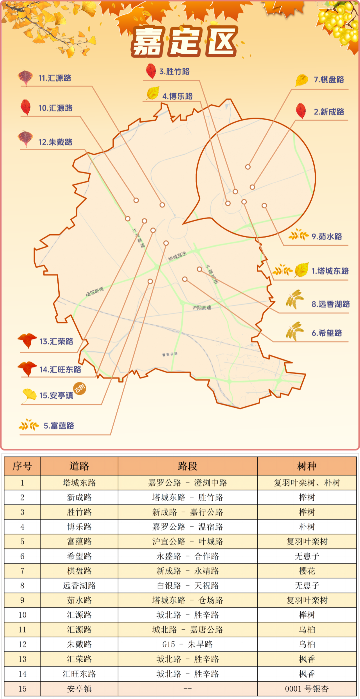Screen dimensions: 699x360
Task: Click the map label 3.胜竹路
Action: click(174, 72)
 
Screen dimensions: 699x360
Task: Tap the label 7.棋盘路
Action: click(329, 80)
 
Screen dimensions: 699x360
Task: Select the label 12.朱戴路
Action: click(55, 142)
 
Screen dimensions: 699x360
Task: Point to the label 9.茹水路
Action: click(327, 237)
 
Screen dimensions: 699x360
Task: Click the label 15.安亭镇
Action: click(56, 395)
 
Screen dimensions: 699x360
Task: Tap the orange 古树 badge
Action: click(80, 388)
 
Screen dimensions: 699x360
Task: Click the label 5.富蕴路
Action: click(59, 426)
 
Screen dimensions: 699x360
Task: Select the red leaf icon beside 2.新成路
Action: click(301, 111)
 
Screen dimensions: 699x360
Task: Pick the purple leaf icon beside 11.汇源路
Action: click(25, 77)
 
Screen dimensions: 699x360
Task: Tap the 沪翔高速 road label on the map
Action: click(202, 308)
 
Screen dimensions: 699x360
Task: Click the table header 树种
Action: click(307, 466)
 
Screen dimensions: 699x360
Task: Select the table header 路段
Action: click(187, 466)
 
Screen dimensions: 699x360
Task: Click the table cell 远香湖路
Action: click(79, 586)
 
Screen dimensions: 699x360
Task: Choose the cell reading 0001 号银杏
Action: click(307, 689)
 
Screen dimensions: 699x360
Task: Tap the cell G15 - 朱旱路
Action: click(187, 644)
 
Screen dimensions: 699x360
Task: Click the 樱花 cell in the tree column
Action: click(307, 571)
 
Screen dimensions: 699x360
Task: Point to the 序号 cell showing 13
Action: click(22, 659)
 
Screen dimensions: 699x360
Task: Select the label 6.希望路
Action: click(327, 333)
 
